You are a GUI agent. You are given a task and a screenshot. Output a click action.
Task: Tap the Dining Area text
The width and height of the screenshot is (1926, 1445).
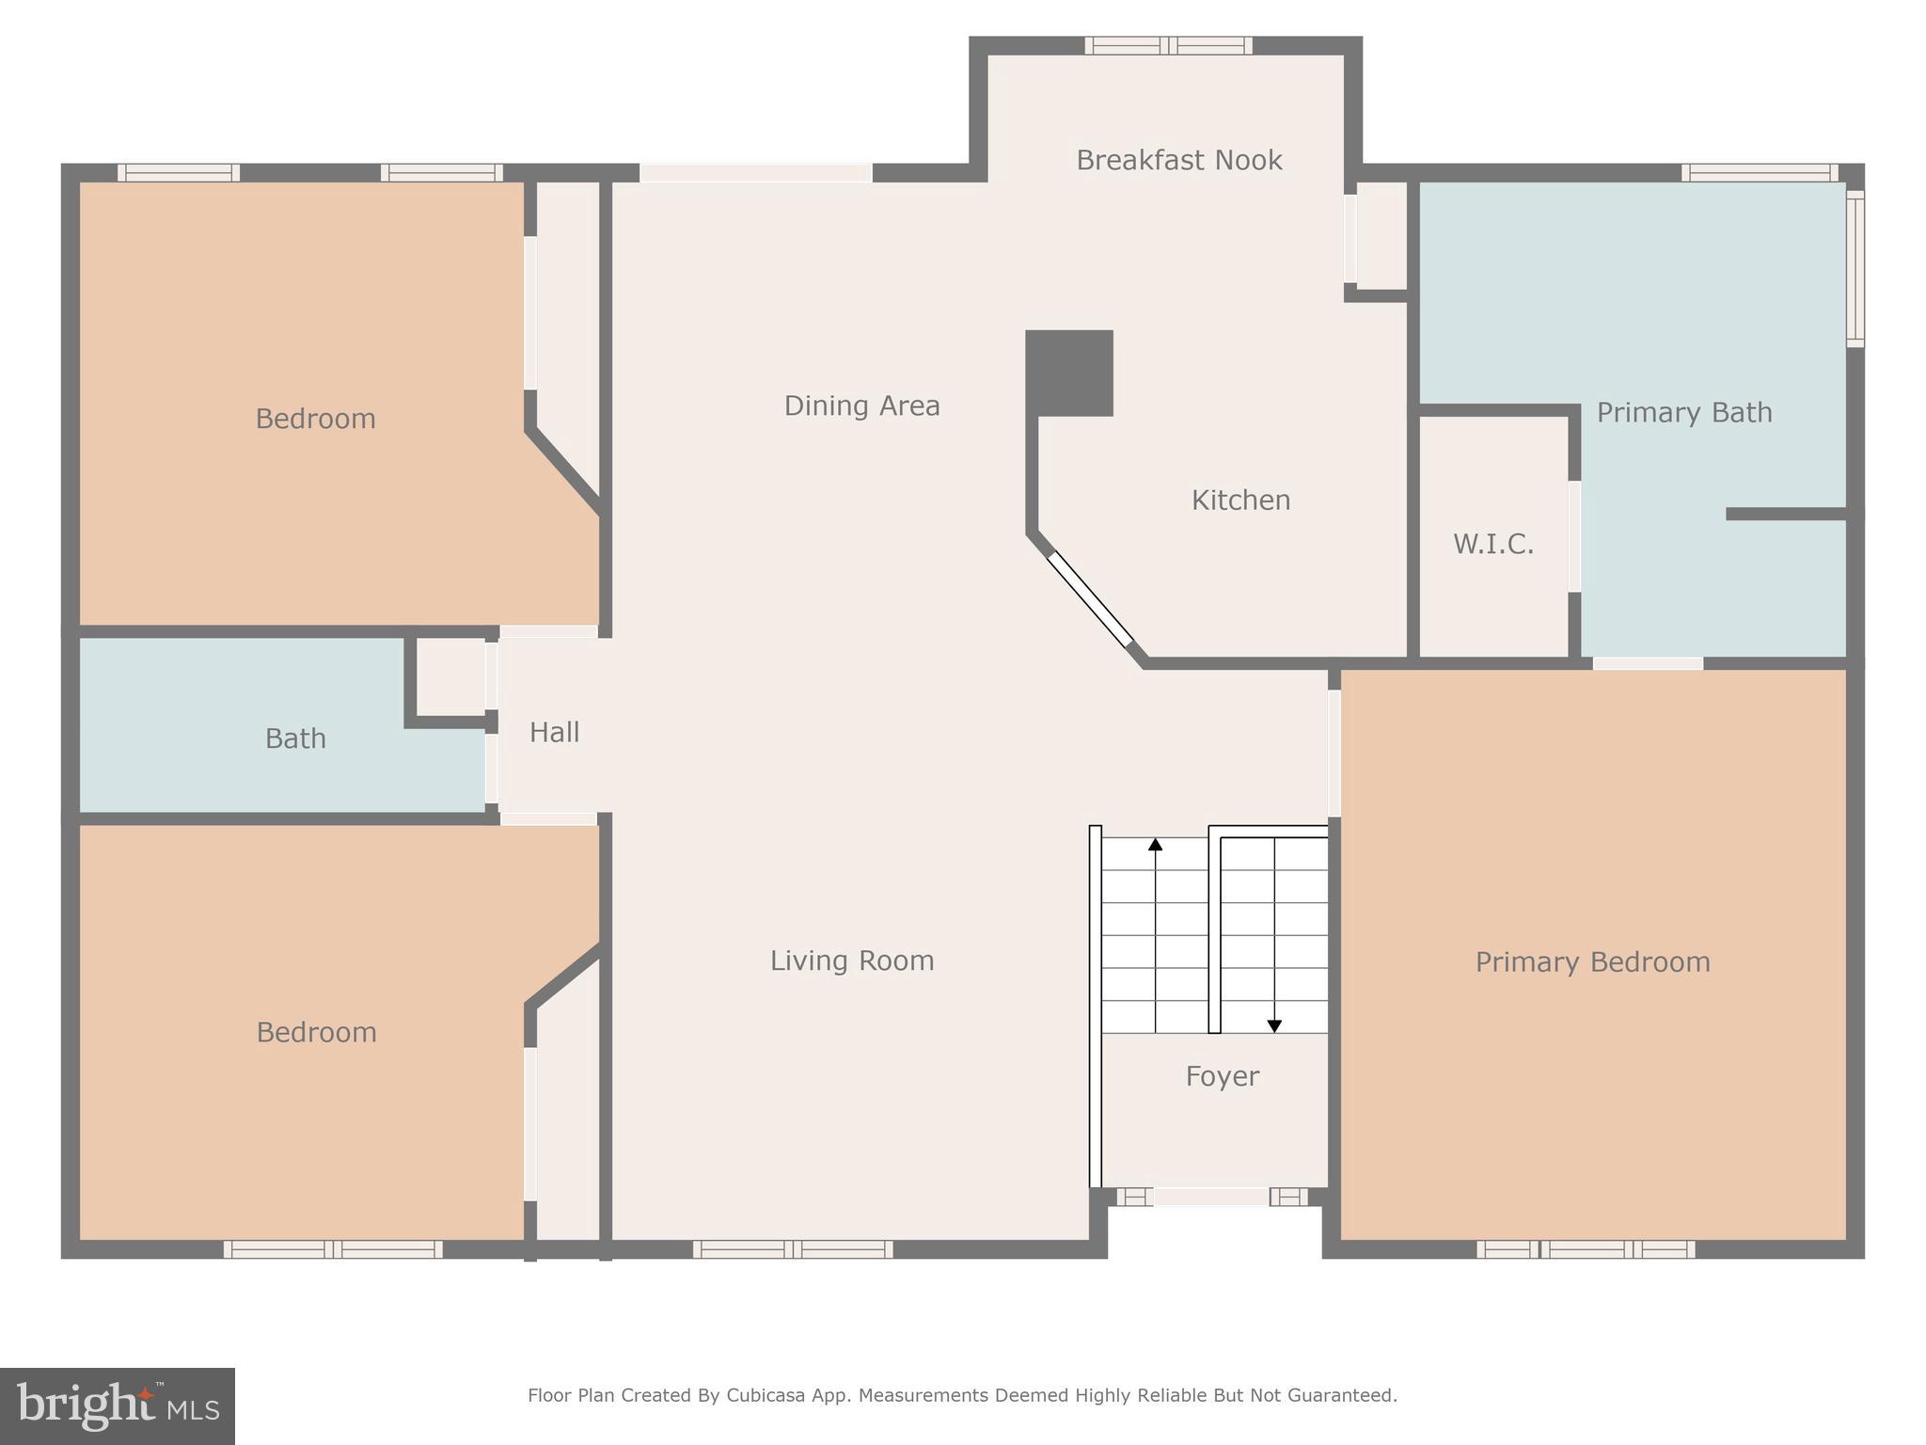click(x=861, y=405)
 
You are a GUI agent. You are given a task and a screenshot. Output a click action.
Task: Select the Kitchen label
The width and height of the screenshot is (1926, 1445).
click(x=1240, y=500)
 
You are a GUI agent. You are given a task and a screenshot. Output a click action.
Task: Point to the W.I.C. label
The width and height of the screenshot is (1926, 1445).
click(x=1493, y=544)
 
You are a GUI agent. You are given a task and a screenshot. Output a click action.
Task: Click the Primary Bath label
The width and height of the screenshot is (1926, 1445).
click(x=1683, y=412)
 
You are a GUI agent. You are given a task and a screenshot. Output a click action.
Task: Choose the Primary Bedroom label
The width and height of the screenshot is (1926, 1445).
click(x=1592, y=961)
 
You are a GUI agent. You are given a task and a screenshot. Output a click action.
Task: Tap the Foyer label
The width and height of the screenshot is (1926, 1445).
click(x=1222, y=1076)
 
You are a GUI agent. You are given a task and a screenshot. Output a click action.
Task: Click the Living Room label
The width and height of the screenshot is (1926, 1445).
click(x=852, y=961)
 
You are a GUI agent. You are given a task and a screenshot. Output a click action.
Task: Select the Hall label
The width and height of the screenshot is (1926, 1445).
click(x=554, y=732)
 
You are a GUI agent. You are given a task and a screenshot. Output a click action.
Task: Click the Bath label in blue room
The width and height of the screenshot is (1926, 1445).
click(x=295, y=738)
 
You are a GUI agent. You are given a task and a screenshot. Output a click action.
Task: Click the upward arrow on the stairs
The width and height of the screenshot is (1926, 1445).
click(x=1155, y=845)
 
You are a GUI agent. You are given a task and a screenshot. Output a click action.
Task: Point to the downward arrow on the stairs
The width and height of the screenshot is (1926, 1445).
click(x=1274, y=1025)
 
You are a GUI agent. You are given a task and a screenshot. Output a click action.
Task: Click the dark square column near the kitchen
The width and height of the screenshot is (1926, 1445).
click(x=1069, y=373)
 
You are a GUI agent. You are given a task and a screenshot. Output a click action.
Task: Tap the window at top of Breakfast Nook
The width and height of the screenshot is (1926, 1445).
click(x=1168, y=45)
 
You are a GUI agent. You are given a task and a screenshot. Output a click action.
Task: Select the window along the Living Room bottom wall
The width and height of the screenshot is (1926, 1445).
click(x=793, y=1249)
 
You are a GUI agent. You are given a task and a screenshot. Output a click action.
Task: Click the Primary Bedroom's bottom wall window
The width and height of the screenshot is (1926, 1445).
click(x=1586, y=1249)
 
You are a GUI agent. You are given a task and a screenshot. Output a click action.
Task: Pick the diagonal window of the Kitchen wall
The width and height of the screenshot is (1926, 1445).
click(x=1091, y=599)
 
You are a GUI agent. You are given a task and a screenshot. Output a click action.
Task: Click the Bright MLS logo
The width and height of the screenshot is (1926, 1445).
click(x=118, y=1406)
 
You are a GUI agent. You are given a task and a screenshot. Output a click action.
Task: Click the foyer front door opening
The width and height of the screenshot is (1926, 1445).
click(x=1211, y=1197)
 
